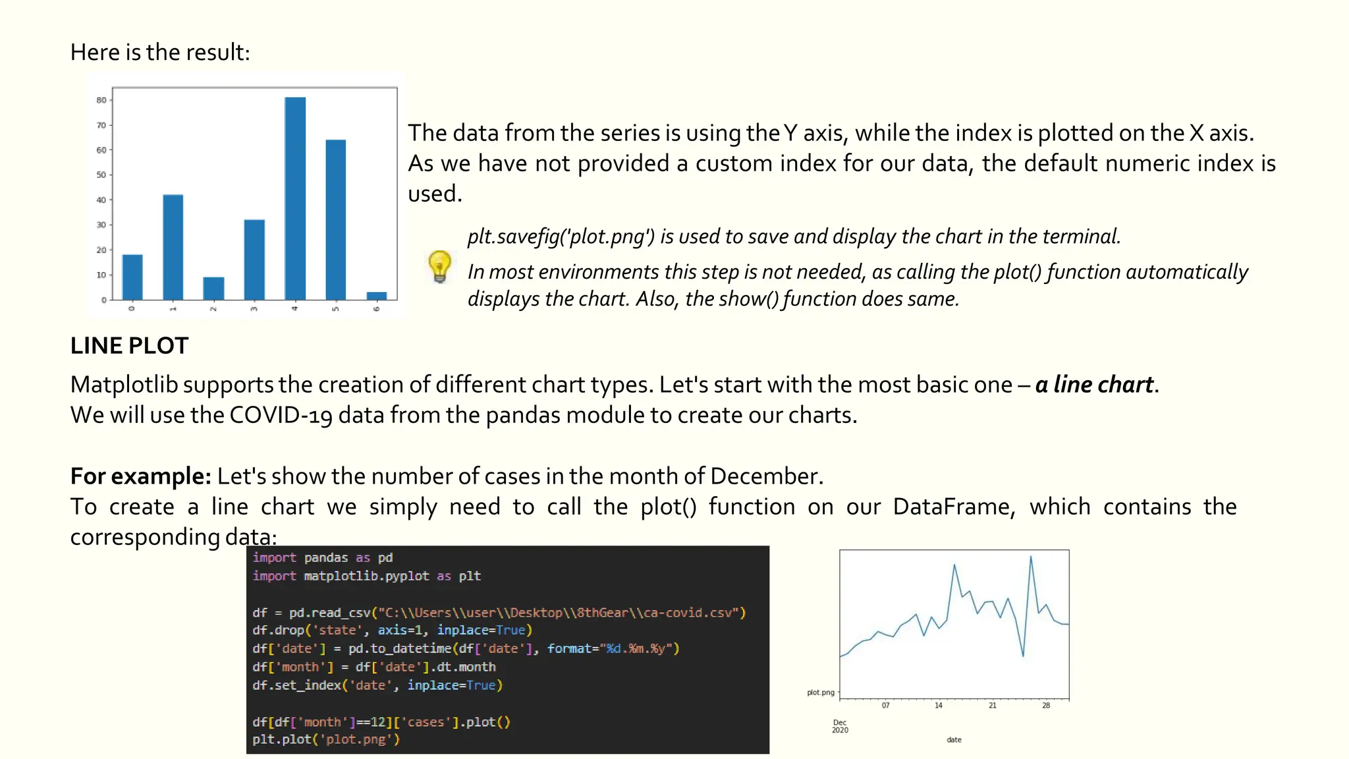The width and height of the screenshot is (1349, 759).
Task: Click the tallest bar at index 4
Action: pyautogui.click(x=295, y=198)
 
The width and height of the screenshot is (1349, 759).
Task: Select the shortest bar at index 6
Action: pyautogui.click(x=377, y=296)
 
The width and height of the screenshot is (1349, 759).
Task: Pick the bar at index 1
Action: pyautogui.click(x=173, y=247)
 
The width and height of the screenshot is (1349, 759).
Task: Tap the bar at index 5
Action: pyautogui.click(x=336, y=219)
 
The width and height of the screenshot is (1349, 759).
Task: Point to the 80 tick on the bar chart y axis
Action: pyautogui.click(x=101, y=100)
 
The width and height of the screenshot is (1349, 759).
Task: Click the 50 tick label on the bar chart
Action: pyautogui.click(x=101, y=175)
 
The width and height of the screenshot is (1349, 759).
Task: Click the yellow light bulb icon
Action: pyautogui.click(x=439, y=266)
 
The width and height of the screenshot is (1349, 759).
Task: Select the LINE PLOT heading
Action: pyautogui.click(x=129, y=345)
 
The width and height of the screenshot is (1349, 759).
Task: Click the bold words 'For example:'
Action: pyautogui.click(x=140, y=476)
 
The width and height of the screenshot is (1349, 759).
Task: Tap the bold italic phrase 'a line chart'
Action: pyautogui.click(x=1094, y=384)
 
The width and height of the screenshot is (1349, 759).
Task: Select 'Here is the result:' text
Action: pyautogui.click(x=160, y=52)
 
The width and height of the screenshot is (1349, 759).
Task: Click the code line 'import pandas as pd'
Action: pyautogui.click(x=323, y=557)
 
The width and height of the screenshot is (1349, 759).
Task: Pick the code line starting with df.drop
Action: pyautogui.click(x=392, y=631)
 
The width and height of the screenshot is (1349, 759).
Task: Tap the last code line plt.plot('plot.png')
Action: pyautogui.click(x=326, y=739)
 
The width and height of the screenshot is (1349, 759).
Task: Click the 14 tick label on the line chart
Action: pyautogui.click(x=939, y=706)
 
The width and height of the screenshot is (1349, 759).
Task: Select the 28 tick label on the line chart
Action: pyautogui.click(x=1046, y=706)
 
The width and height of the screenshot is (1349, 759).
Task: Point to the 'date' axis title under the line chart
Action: pyautogui.click(x=954, y=740)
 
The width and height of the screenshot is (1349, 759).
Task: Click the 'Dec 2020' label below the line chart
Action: pyautogui.click(x=840, y=726)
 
